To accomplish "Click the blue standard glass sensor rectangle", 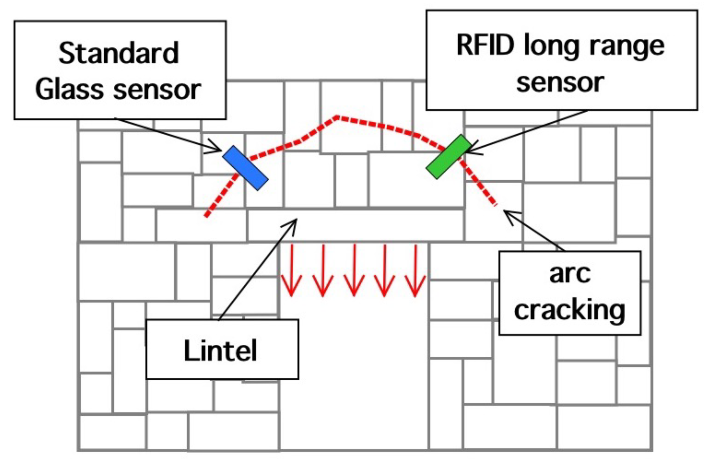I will pyautogui.click(x=245, y=168).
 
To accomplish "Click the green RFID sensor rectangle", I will pyautogui.click(x=449, y=157).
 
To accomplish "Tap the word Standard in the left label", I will pyautogui.click(x=119, y=53).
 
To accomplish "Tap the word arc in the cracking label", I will pyautogui.click(x=570, y=274).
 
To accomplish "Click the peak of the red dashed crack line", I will pyautogui.click(x=337, y=117).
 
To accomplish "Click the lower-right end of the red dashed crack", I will pyautogui.click(x=495, y=205).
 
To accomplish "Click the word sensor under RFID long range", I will pyautogui.click(x=561, y=83).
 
